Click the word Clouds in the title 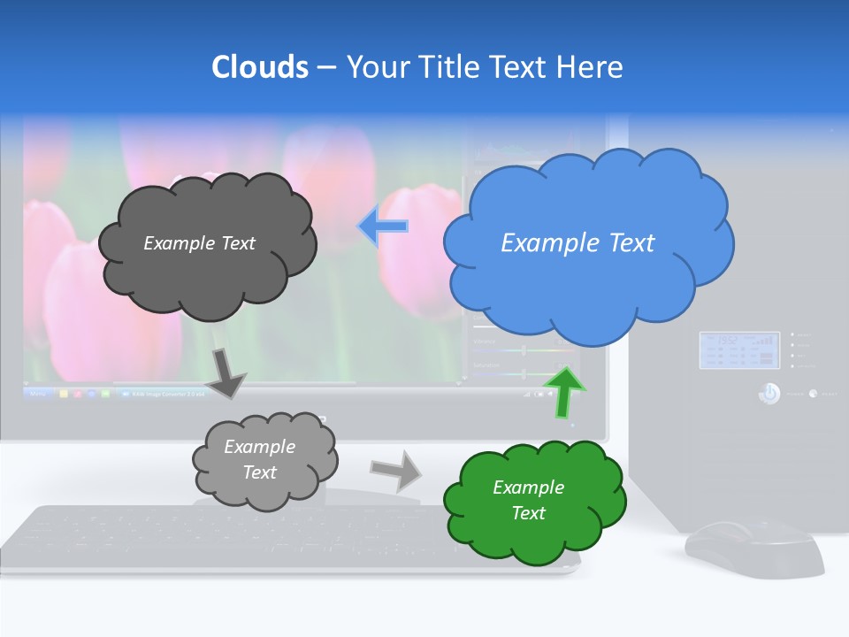[260, 67]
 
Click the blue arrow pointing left [383, 227]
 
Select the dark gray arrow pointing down [226, 372]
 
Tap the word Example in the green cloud [528, 487]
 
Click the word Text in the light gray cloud [259, 472]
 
